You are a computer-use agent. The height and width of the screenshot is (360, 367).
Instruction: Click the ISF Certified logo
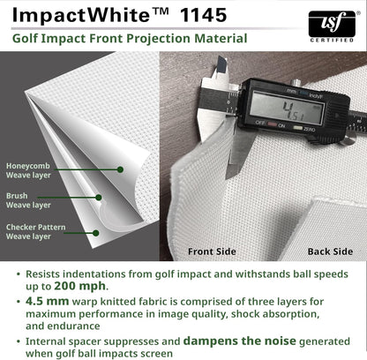point(332,26)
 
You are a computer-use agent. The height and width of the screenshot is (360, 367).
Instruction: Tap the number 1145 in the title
point(204,15)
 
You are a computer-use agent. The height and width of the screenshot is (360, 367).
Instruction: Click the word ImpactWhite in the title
point(81,15)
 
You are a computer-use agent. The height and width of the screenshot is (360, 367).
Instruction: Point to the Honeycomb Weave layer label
point(28,170)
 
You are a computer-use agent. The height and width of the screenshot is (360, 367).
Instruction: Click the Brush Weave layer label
point(28,200)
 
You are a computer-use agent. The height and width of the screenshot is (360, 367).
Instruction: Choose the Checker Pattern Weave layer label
point(35,232)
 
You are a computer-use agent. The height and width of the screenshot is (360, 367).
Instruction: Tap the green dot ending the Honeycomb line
point(120,169)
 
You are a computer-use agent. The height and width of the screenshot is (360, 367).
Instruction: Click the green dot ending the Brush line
point(99,198)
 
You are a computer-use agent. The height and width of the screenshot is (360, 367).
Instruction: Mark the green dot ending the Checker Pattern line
point(96,233)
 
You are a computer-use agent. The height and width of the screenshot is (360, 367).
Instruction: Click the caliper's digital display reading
point(287,108)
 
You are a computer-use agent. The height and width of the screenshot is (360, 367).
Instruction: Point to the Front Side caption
point(212,251)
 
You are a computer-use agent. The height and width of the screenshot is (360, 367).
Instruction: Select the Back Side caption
point(330,251)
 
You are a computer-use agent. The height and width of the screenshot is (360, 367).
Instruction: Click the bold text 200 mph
point(79,286)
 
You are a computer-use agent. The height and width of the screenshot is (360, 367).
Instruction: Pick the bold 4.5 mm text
point(48,301)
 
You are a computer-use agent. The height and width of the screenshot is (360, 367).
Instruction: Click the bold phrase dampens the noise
point(239,341)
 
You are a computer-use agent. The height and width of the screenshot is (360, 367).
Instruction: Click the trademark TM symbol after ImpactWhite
point(161,11)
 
